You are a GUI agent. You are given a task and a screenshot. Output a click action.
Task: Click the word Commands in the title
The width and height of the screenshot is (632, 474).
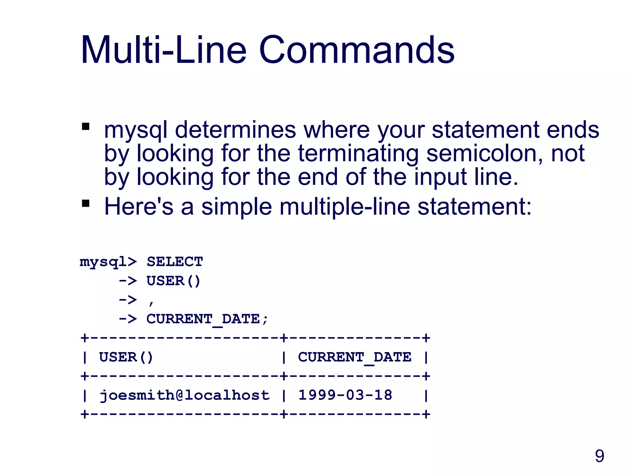356,50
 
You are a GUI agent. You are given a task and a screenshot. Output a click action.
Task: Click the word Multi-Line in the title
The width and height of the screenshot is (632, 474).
164,50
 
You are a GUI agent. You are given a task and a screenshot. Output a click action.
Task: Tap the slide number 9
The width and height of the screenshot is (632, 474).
599,456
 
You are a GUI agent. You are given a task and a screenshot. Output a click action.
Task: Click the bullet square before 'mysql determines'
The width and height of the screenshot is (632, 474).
85,127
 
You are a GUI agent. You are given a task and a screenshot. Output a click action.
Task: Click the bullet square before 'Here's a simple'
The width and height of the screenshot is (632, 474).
85,203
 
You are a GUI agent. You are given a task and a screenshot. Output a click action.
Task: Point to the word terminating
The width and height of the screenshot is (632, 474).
358,153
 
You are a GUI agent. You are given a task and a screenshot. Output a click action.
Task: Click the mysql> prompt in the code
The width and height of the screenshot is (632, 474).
108,262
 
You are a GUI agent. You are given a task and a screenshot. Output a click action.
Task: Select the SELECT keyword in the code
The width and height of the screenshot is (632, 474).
175,262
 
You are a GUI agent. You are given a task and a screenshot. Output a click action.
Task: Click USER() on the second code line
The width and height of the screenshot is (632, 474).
173,281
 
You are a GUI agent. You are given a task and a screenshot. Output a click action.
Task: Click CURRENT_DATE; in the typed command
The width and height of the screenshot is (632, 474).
207,319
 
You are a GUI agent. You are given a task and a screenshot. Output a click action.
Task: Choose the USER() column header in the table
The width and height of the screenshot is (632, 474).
126,357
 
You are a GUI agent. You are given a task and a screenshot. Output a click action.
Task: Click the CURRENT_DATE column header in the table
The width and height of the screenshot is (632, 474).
355,357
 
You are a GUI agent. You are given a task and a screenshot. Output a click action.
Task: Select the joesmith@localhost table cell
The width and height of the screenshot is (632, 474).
185,395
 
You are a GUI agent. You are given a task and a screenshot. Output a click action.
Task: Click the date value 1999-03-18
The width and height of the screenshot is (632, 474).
345,395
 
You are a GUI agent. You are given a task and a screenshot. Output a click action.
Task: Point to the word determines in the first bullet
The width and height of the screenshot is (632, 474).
235,130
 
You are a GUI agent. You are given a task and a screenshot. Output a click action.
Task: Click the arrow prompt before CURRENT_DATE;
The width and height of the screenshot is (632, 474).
128,319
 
